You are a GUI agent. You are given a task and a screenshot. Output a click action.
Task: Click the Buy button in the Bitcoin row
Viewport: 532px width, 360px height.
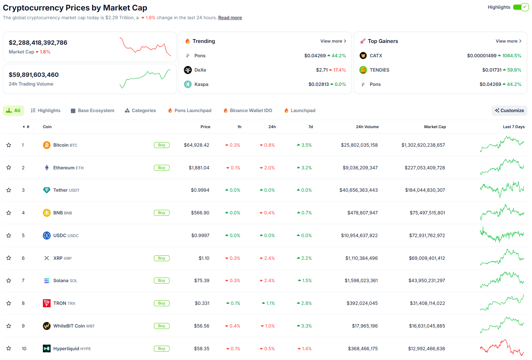pos(162,145)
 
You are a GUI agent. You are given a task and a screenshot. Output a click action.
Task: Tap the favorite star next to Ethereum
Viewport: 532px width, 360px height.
pos(9,168)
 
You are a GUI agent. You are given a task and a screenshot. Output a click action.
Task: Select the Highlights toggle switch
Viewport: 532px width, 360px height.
pos(520,7)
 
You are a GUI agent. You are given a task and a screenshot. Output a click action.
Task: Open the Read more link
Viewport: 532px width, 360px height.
pos(230,17)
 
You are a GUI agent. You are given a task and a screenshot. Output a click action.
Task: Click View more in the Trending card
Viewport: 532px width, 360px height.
pos(333,41)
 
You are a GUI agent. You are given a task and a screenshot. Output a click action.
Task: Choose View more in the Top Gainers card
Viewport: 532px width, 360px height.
pos(509,41)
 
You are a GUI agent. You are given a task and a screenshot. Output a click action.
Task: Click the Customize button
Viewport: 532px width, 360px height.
pos(509,111)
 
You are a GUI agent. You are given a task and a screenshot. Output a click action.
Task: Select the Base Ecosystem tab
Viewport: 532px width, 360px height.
pos(92,111)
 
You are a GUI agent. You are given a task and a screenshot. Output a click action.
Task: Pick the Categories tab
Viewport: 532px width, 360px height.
pos(140,111)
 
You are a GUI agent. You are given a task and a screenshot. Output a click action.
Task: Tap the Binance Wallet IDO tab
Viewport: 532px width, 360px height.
pos(248,111)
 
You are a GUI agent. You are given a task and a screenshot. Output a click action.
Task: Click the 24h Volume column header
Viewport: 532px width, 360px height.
pos(367,127)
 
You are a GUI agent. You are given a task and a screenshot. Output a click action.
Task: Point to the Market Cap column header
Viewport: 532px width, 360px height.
pos(435,127)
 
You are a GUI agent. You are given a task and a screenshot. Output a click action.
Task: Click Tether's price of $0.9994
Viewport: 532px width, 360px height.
pos(200,190)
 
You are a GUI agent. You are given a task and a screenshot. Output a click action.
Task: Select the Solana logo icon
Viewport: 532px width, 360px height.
pos(46,281)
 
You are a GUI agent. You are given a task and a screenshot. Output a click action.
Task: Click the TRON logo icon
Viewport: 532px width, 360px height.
pos(46,303)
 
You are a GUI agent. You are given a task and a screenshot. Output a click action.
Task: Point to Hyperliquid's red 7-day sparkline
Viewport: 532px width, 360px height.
pos(502,347)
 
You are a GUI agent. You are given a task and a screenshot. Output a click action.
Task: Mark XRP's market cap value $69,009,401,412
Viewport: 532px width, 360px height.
pos(427,258)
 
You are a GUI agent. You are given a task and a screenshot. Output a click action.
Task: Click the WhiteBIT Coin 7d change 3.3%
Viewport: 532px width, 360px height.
pos(304,326)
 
